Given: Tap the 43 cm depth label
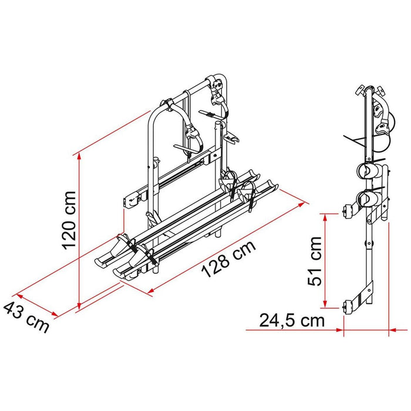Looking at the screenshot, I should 26,317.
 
